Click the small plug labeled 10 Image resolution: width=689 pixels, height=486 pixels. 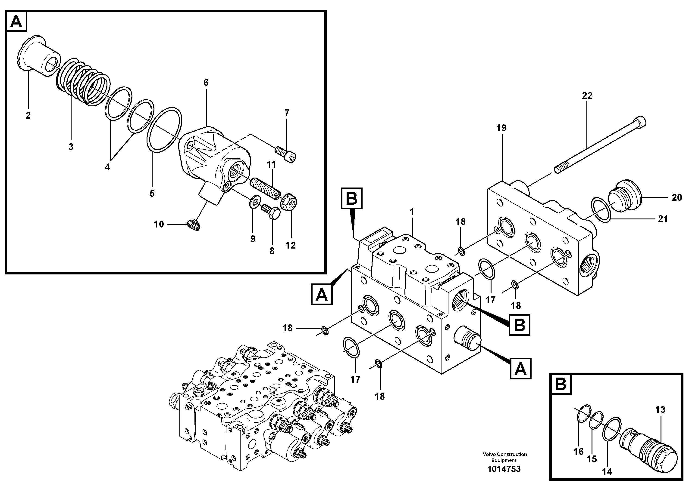coord(193,225)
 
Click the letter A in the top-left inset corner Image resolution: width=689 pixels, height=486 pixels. coord(16,22)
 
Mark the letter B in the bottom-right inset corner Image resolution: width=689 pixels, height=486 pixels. coord(560,384)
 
